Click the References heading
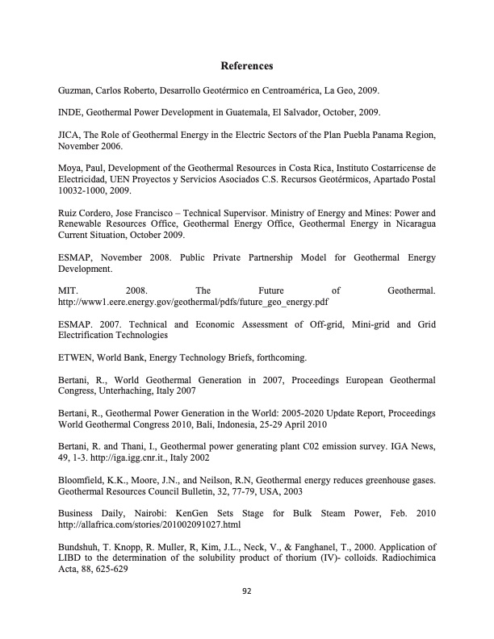247,65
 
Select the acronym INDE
73,112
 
